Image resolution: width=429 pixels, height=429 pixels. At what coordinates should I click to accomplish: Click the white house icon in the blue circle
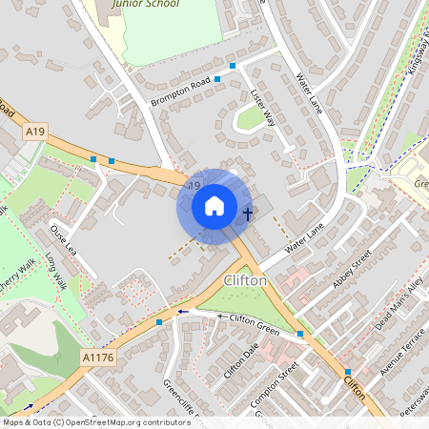(x=214, y=206)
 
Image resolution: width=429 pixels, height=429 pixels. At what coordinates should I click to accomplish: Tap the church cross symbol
(x=248, y=214)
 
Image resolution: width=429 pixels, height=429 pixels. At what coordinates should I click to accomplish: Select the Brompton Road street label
(x=178, y=91)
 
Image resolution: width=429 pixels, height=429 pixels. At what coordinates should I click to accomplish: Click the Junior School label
(x=145, y=4)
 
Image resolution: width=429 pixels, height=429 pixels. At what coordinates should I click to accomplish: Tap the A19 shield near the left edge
(x=35, y=131)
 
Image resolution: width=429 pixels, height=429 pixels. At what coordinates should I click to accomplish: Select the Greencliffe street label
(x=180, y=401)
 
